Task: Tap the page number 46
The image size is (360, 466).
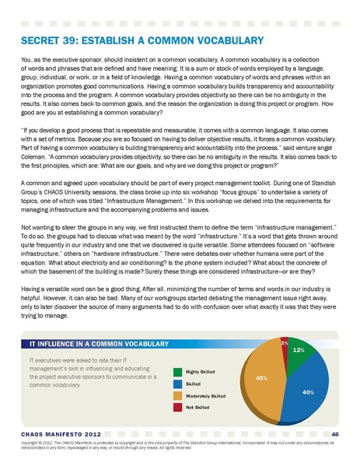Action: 334,433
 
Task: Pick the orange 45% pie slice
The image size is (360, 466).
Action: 264,381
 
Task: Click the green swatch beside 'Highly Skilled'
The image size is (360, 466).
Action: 178,372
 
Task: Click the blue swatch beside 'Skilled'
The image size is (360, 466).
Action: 178,384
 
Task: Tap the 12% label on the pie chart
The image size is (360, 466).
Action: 297,351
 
